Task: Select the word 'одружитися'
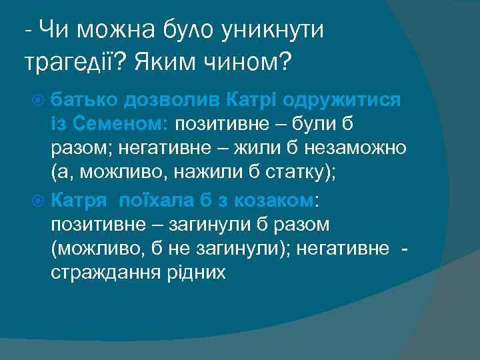click(x=342, y=100)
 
